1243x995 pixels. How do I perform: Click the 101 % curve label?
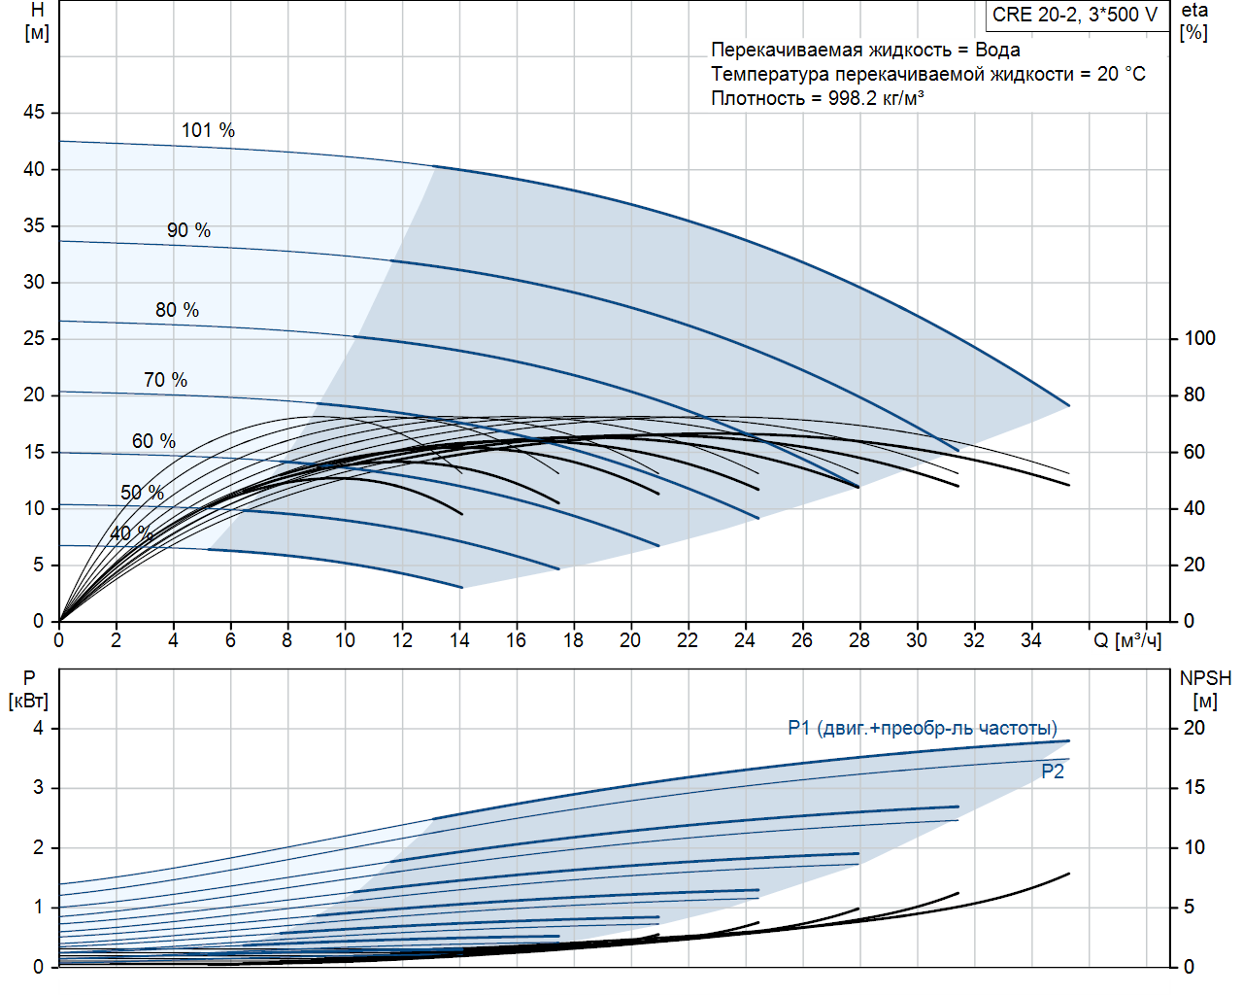point(208,130)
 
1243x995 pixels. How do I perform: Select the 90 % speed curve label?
point(188,230)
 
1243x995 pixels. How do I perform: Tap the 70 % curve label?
point(165,380)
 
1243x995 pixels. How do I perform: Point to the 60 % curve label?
point(153,441)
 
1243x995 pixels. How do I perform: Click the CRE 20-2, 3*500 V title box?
point(1075,15)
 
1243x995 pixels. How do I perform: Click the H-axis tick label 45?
point(34,113)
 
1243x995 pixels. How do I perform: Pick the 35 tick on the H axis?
point(34,225)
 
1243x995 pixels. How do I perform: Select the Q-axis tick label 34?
point(1030,640)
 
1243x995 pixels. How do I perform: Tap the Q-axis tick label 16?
point(516,640)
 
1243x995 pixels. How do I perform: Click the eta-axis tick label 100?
point(1199,338)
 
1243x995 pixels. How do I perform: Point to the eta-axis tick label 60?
point(1193,452)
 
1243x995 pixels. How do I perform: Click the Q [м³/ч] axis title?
point(1126,640)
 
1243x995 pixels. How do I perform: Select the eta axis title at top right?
point(1194,21)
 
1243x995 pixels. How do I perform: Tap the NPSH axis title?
point(1205,689)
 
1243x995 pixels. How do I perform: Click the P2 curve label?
point(1053,772)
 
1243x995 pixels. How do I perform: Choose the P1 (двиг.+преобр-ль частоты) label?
point(923,728)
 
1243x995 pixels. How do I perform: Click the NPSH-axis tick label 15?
point(1193,787)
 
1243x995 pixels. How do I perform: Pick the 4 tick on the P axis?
point(39,728)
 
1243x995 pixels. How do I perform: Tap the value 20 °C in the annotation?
point(1121,74)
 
